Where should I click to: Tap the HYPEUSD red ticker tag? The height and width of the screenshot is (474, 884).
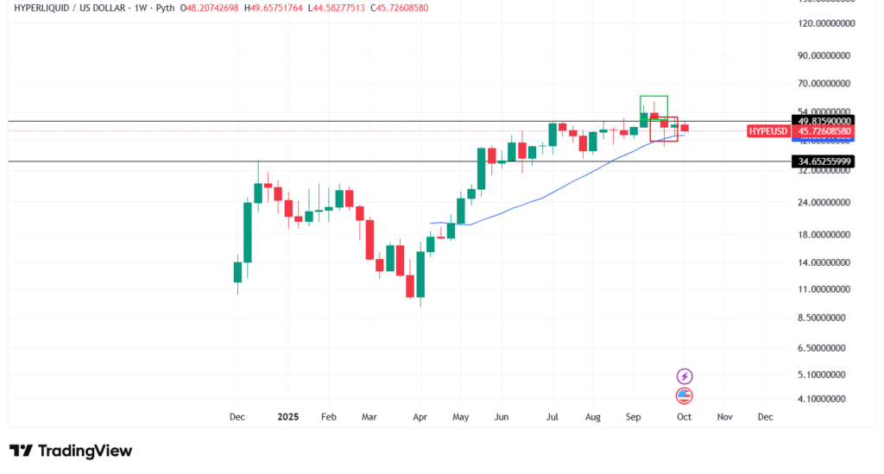[x=768, y=131]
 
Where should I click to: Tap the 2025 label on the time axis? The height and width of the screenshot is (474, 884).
[x=287, y=416]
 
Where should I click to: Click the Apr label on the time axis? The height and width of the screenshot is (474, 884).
[x=420, y=416]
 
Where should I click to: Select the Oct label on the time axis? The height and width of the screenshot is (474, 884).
[x=684, y=416]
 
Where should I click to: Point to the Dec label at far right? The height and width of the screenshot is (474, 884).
[x=765, y=416]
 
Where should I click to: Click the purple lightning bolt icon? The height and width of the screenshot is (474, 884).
[x=685, y=376]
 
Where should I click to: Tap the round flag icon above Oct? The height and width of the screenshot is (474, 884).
[x=685, y=396]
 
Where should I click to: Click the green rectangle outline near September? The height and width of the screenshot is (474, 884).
[x=654, y=97]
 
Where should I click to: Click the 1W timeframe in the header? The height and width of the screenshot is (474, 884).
[x=137, y=8]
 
